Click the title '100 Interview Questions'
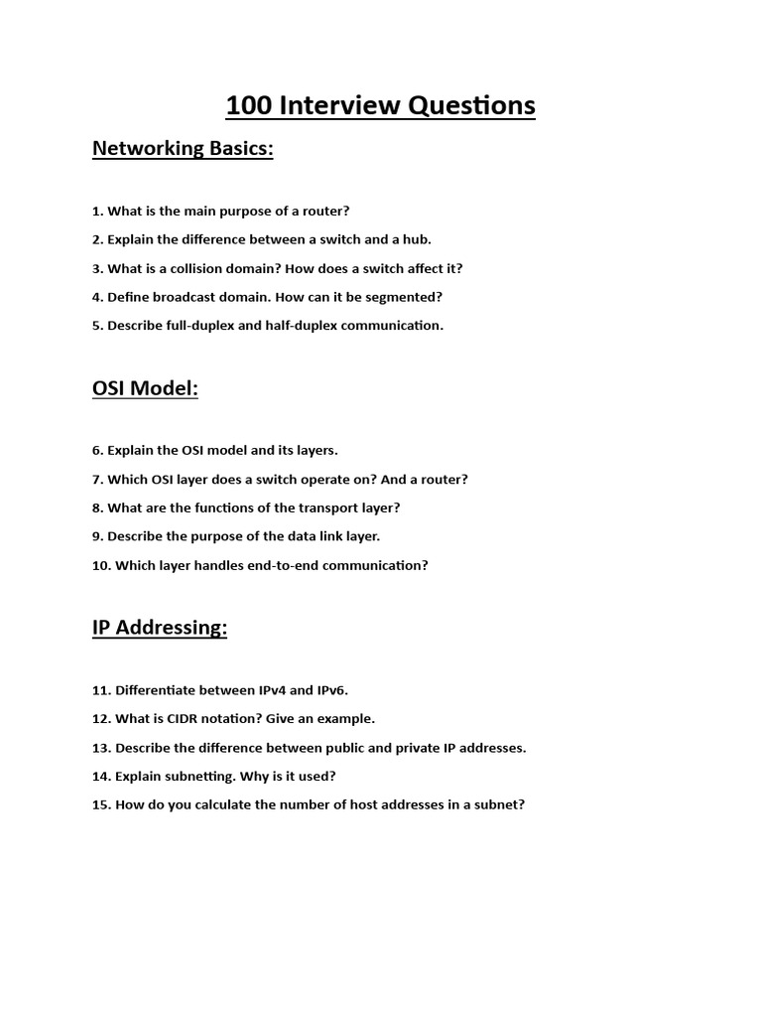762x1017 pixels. click(x=381, y=104)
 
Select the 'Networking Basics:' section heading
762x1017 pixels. click(x=183, y=149)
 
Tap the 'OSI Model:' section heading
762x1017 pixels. click(x=145, y=388)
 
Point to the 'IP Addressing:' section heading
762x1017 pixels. click(x=160, y=628)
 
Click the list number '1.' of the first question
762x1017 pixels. click(x=97, y=212)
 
